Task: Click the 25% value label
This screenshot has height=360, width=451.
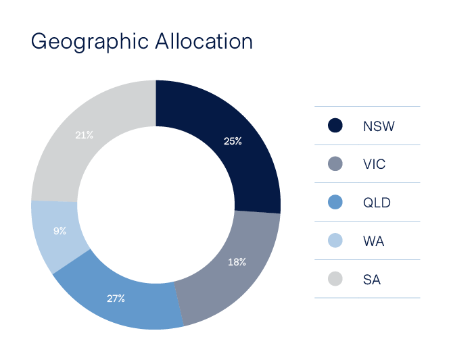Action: click(x=233, y=141)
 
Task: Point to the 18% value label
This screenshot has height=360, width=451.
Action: click(x=237, y=261)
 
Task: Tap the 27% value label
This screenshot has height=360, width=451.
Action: click(x=116, y=298)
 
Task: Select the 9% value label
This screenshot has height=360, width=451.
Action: click(x=60, y=230)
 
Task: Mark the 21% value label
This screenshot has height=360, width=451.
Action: click(x=85, y=135)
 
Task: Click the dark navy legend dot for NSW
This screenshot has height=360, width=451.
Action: click(x=335, y=125)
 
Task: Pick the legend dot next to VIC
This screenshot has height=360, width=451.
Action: click(x=335, y=163)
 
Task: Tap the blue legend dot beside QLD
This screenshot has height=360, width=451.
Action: click(x=335, y=202)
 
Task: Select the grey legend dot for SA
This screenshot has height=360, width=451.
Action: click(x=335, y=278)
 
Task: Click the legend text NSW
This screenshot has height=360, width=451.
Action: click(x=379, y=126)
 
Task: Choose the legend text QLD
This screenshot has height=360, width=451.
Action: click(x=377, y=203)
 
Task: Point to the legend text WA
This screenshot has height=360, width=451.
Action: click(x=373, y=240)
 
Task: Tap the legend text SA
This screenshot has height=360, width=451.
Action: click(x=371, y=279)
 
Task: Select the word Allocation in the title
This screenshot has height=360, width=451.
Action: click(x=204, y=41)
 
